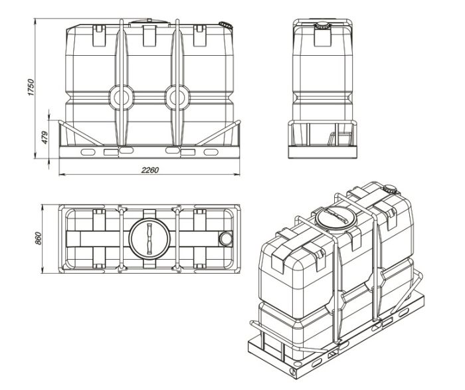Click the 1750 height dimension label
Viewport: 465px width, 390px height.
31,87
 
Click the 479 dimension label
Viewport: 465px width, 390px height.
45,138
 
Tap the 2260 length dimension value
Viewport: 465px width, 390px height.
150,170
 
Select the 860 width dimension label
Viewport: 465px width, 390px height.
39,239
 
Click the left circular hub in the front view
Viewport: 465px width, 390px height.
122,98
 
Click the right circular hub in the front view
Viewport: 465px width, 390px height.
177,98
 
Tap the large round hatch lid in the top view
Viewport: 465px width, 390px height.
149,239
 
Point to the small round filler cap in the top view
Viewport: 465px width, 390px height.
226,239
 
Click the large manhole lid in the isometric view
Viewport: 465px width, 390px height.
335,218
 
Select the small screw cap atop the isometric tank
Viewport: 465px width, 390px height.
390,189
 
